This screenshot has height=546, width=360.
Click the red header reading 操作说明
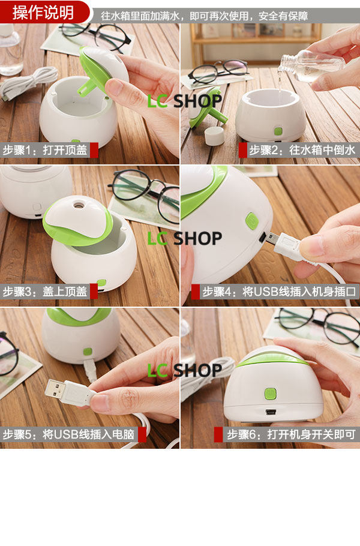(43, 13)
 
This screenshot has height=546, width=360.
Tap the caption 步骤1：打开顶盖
(45, 150)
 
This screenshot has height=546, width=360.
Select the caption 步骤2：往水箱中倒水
(302, 150)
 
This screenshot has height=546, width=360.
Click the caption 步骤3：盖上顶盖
(45, 292)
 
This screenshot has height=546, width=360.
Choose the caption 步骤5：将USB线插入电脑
(68, 434)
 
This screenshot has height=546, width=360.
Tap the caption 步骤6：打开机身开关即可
(291, 434)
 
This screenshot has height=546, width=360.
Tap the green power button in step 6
(271, 394)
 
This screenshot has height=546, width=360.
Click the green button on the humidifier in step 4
(252, 221)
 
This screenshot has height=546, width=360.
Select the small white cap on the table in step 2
(214, 136)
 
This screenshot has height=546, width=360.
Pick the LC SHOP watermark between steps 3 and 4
(185, 239)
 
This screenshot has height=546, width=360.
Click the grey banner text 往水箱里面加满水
(140, 16)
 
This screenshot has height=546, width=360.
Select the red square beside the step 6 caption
(218, 434)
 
